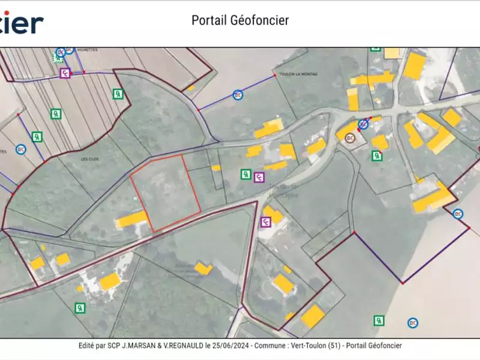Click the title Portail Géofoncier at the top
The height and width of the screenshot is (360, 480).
click(x=240, y=20)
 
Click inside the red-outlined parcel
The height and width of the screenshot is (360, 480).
click(x=165, y=192)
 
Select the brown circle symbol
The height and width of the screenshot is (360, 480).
click(x=350, y=138)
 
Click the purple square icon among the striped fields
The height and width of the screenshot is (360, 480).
click(x=65, y=73)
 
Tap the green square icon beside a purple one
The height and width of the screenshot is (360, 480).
click(x=245, y=175)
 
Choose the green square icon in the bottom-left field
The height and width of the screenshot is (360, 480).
click(x=80, y=308)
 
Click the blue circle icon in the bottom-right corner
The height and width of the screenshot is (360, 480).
click(x=412, y=323)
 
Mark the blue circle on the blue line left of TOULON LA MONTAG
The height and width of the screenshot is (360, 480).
click(x=238, y=95)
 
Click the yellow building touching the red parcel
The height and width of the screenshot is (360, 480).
click(x=131, y=219)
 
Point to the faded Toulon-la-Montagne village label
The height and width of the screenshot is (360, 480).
click(x=274, y=190)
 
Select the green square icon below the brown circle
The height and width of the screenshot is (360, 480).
click(x=377, y=155)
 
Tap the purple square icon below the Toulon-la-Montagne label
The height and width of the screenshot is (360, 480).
click(x=266, y=222)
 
